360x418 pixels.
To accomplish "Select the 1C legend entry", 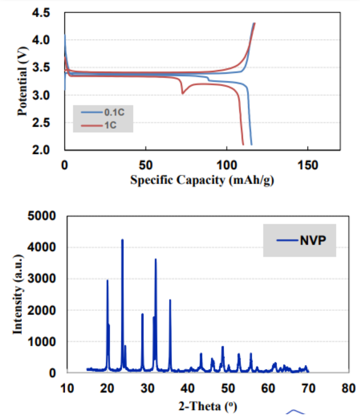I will tap(108, 125).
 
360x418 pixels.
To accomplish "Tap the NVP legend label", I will tap(311, 240).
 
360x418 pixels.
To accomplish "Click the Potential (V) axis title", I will tap(22, 80).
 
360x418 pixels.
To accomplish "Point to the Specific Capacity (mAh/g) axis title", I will tap(202, 180).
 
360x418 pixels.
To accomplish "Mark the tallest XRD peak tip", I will tap(122, 239).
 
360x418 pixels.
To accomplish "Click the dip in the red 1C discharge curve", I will tap(182, 94).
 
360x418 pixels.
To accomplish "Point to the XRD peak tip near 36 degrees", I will tap(170, 300).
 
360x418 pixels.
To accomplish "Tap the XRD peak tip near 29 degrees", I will tap(142, 314).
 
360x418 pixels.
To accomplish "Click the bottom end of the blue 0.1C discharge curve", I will tap(251, 145).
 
